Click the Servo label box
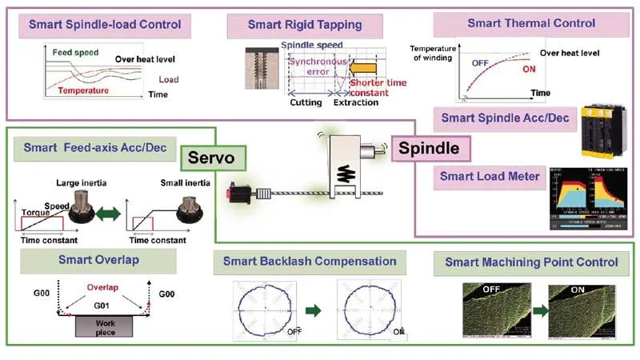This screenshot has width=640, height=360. [x=213, y=158]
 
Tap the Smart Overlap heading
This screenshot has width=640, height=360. [x=98, y=259]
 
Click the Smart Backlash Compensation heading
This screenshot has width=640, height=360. [x=310, y=261]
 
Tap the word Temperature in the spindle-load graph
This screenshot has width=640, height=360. [x=84, y=91]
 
